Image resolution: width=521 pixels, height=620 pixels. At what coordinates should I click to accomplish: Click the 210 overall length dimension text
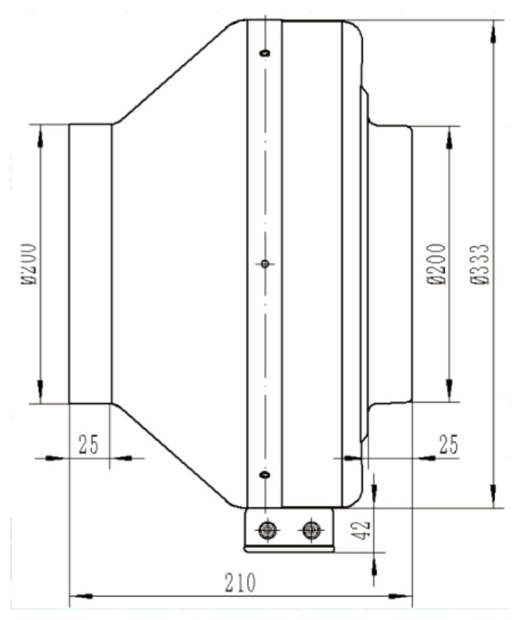(240, 583)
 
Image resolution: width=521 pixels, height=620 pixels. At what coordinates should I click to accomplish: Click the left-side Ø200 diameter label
(29, 264)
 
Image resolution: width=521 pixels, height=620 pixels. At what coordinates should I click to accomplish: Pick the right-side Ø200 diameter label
(437, 264)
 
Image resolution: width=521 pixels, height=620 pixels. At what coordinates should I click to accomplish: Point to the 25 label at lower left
(88, 444)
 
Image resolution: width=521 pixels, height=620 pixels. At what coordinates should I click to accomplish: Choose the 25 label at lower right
(448, 444)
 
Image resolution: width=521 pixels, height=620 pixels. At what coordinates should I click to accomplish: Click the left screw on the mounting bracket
(268, 529)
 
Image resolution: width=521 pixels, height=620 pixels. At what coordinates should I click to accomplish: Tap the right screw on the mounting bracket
(312, 529)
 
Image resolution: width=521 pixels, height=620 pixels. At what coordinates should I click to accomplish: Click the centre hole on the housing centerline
(265, 263)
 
